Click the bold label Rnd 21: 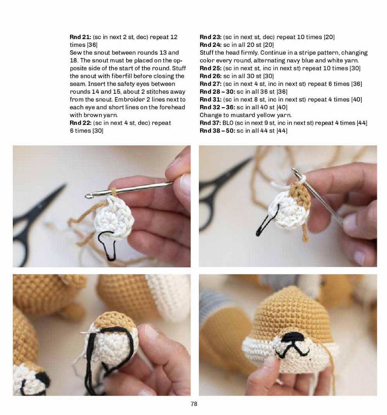pos(80,37)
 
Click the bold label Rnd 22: pos(80,123)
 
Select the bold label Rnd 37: pos(210,123)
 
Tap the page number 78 pos(194,404)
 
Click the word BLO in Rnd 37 pos(228,123)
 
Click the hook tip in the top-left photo pos(88,196)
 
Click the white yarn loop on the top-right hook pos(300,179)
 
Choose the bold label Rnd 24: pos(210,45)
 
